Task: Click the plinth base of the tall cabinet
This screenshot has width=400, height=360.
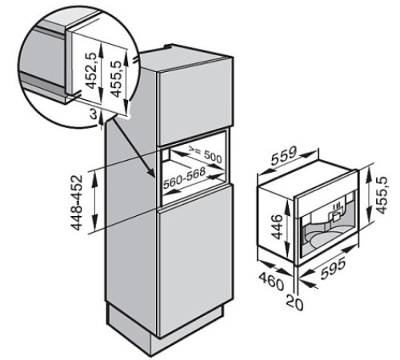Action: pos(152,328)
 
